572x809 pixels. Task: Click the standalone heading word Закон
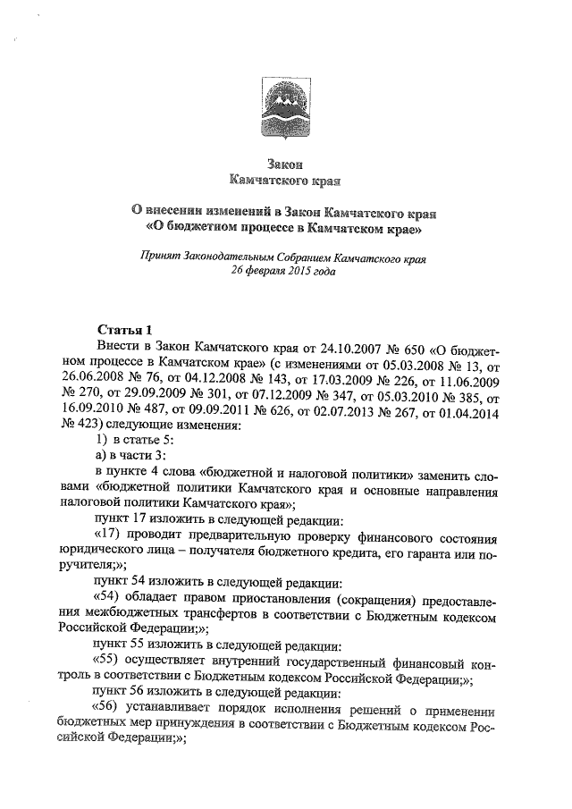pyautogui.click(x=286, y=164)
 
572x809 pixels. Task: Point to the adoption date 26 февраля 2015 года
pyautogui.click(x=285, y=270)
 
